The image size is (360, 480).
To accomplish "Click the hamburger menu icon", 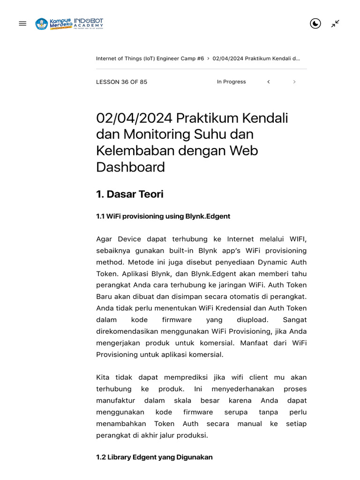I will point(22,23).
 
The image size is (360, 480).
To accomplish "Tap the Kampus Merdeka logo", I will point(53,23).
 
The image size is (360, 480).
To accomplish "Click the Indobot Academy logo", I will point(89,23).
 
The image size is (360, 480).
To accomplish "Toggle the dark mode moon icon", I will point(315,23).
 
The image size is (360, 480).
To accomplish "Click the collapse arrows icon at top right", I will point(335,23).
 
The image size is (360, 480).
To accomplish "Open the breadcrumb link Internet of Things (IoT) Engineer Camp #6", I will point(150,59).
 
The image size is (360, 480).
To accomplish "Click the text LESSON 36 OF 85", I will point(121,82).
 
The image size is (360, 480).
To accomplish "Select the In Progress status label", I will point(231,82).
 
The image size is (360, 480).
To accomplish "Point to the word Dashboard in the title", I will point(130,167).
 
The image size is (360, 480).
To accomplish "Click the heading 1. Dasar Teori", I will point(129,194).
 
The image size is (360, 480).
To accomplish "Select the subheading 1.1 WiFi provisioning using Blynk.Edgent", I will point(163,216).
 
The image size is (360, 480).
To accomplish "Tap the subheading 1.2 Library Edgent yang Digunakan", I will point(154,457).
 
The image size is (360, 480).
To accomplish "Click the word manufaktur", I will point(115,400).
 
